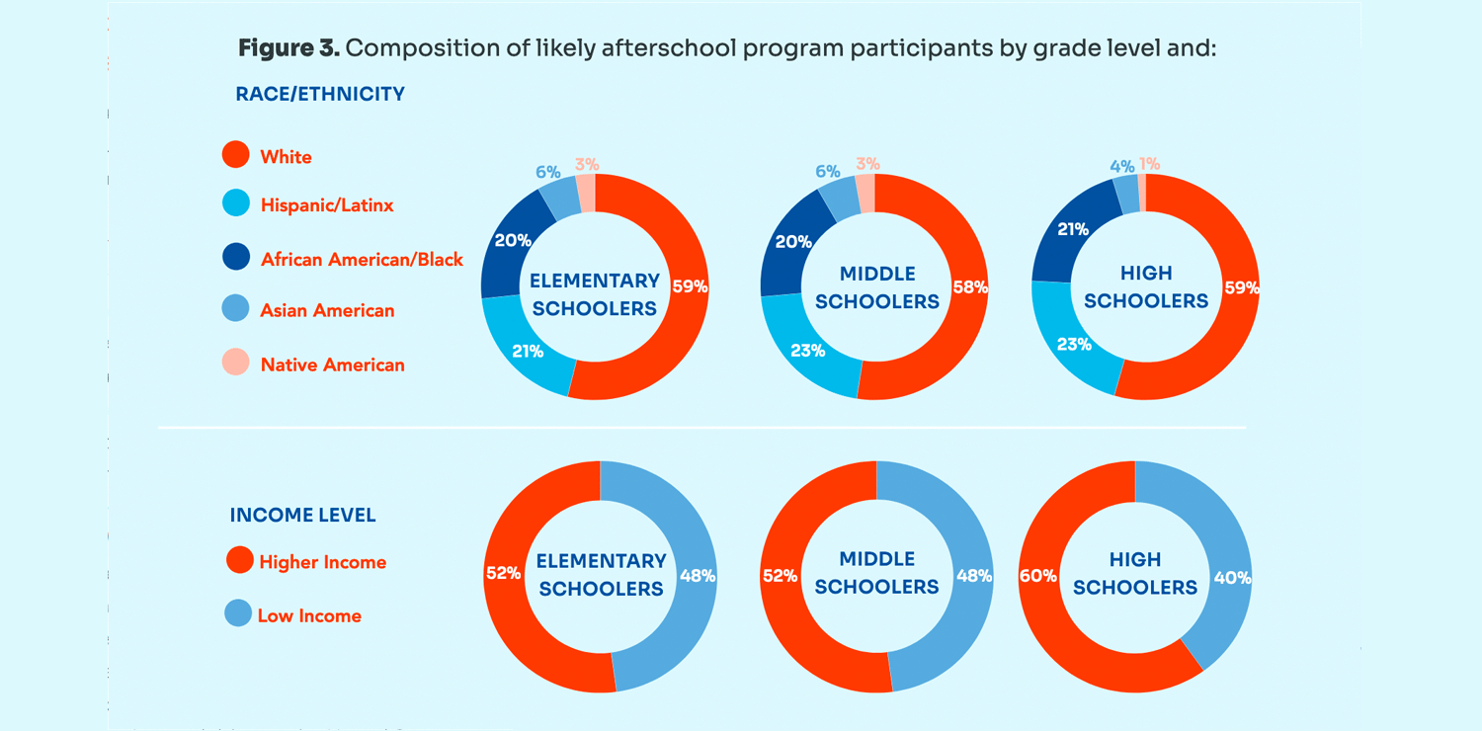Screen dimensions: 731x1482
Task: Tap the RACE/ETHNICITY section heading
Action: click(320, 95)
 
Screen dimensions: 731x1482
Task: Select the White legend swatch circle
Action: click(236, 155)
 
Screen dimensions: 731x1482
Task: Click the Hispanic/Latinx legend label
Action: click(327, 205)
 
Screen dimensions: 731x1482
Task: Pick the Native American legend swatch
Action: click(236, 363)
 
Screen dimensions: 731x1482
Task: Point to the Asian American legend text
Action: click(327, 310)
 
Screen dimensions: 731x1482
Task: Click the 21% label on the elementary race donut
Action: click(528, 351)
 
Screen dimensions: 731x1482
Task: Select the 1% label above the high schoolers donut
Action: click(1149, 164)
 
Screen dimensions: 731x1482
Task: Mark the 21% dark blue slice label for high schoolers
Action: click(1073, 229)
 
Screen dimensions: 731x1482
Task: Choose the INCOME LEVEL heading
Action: click(302, 516)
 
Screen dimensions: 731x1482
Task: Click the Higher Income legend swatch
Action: click(240, 560)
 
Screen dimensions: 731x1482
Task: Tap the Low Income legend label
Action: click(309, 615)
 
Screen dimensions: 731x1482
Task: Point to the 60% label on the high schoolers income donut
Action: click(1038, 576)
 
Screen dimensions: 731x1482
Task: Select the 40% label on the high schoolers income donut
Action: click(1232, 578)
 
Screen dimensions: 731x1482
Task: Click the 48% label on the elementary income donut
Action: click(698, 575)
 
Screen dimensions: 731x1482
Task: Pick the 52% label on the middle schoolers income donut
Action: click(780, 575)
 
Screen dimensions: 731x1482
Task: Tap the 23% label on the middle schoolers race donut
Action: click(807, 350)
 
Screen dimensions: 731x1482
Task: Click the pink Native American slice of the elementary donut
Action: click(586, 193)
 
